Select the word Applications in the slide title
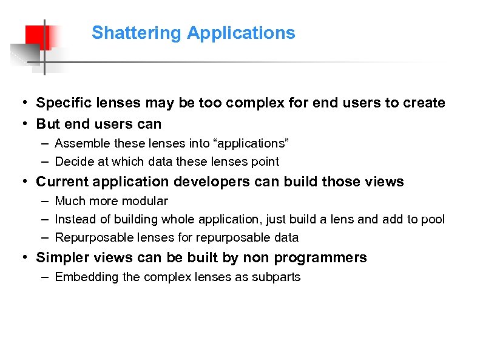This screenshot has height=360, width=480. (241, 33)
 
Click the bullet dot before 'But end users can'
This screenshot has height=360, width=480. (22, 124)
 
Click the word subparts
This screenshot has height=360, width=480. (277, 277)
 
